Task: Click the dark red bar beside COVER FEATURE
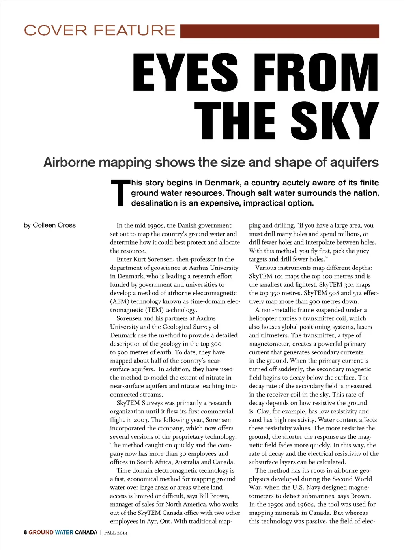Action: (x=279, y=31)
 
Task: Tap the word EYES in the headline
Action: (x=185, y=73)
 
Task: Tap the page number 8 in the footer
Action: (x=25, y=532)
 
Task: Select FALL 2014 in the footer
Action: (x=116, y=533)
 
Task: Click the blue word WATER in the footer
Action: (x=64, y=532)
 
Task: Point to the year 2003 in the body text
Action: (x=141, y=420)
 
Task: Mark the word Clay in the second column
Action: (x=263, y=412)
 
